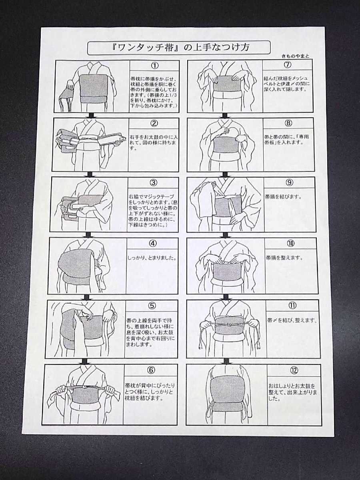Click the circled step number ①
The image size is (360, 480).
coord(155,66)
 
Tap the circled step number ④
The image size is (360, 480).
coord(153,243)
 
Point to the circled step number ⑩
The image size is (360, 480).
coord(290,243)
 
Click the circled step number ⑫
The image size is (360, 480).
coord(293,370)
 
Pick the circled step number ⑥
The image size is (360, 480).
coord(151,370)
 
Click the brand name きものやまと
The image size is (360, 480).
coord(295,56)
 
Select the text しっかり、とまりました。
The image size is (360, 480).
coord(152,258)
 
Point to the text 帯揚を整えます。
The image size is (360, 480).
coord(284,258)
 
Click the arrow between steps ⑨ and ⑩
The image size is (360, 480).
coord(225,235)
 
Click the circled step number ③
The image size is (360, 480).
coord(154,182)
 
